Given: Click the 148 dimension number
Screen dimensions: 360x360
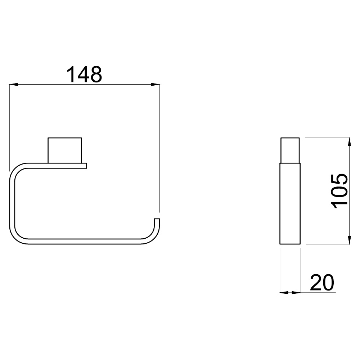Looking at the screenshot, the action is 84,74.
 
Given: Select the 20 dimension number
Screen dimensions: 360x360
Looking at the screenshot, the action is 322,282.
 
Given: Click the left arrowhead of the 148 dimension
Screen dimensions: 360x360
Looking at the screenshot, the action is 14,85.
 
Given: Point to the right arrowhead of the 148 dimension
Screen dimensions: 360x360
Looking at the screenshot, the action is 155,85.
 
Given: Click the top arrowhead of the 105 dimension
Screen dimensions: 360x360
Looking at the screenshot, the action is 349,142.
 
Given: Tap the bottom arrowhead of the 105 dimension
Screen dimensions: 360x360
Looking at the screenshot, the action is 349,240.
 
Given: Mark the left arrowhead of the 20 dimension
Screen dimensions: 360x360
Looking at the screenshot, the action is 284,292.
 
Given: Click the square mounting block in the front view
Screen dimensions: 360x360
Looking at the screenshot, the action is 65,150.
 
